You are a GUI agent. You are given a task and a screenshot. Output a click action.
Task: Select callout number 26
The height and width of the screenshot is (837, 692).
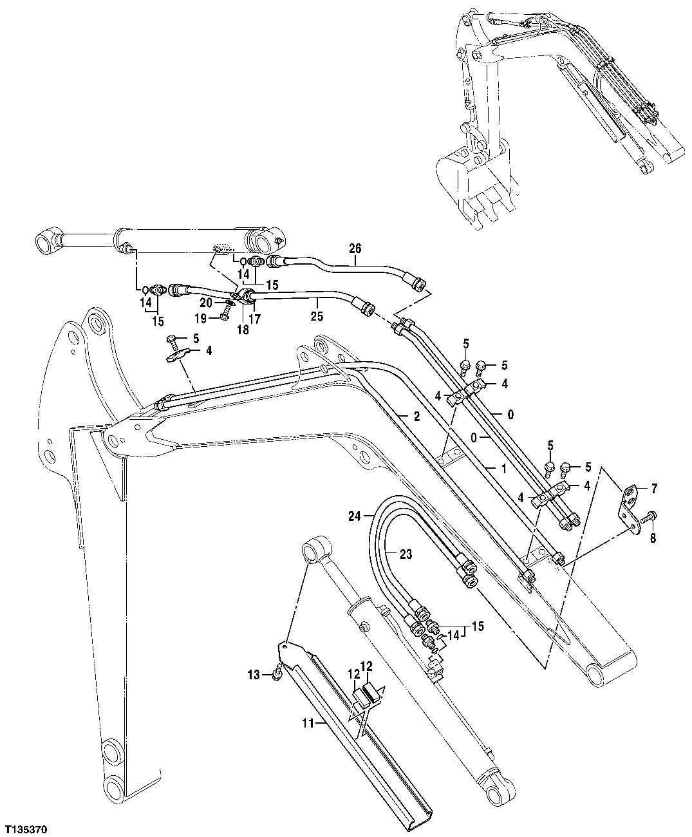355,248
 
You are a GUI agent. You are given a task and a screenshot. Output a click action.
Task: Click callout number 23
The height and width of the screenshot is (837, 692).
406,553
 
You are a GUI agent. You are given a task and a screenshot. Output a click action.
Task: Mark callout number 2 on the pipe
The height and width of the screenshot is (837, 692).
416,417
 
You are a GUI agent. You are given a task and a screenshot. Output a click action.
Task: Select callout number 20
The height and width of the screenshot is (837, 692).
205,302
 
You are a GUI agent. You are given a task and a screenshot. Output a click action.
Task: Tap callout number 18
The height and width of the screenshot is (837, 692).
242,329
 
